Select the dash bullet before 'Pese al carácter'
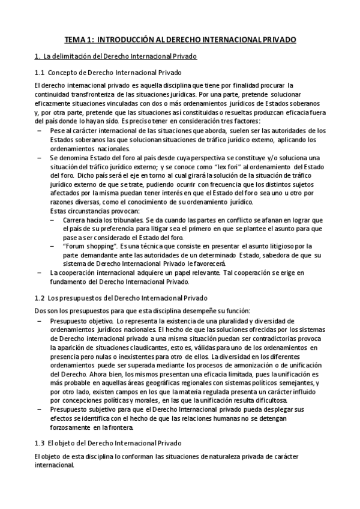pos(40,130)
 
